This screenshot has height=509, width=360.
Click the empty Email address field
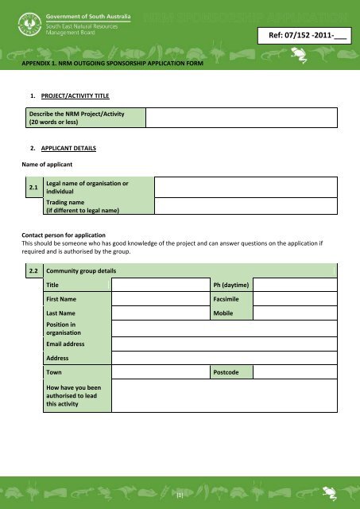click(224, 344)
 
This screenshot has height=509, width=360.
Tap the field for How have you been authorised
click(224, 395)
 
